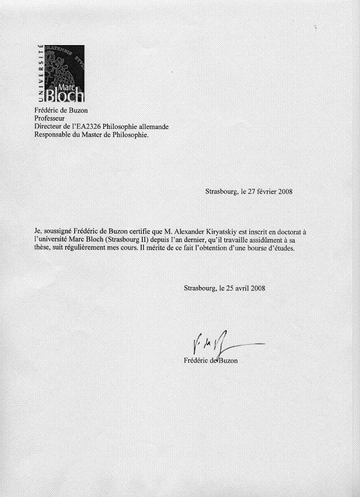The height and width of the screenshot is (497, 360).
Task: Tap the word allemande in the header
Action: [x=152, y=127]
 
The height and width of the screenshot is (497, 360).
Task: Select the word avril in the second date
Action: [x=240, y=288]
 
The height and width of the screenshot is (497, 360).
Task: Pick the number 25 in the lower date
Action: [x=223, y=288]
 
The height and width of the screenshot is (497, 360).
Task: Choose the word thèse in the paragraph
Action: [x=43, y=248]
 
